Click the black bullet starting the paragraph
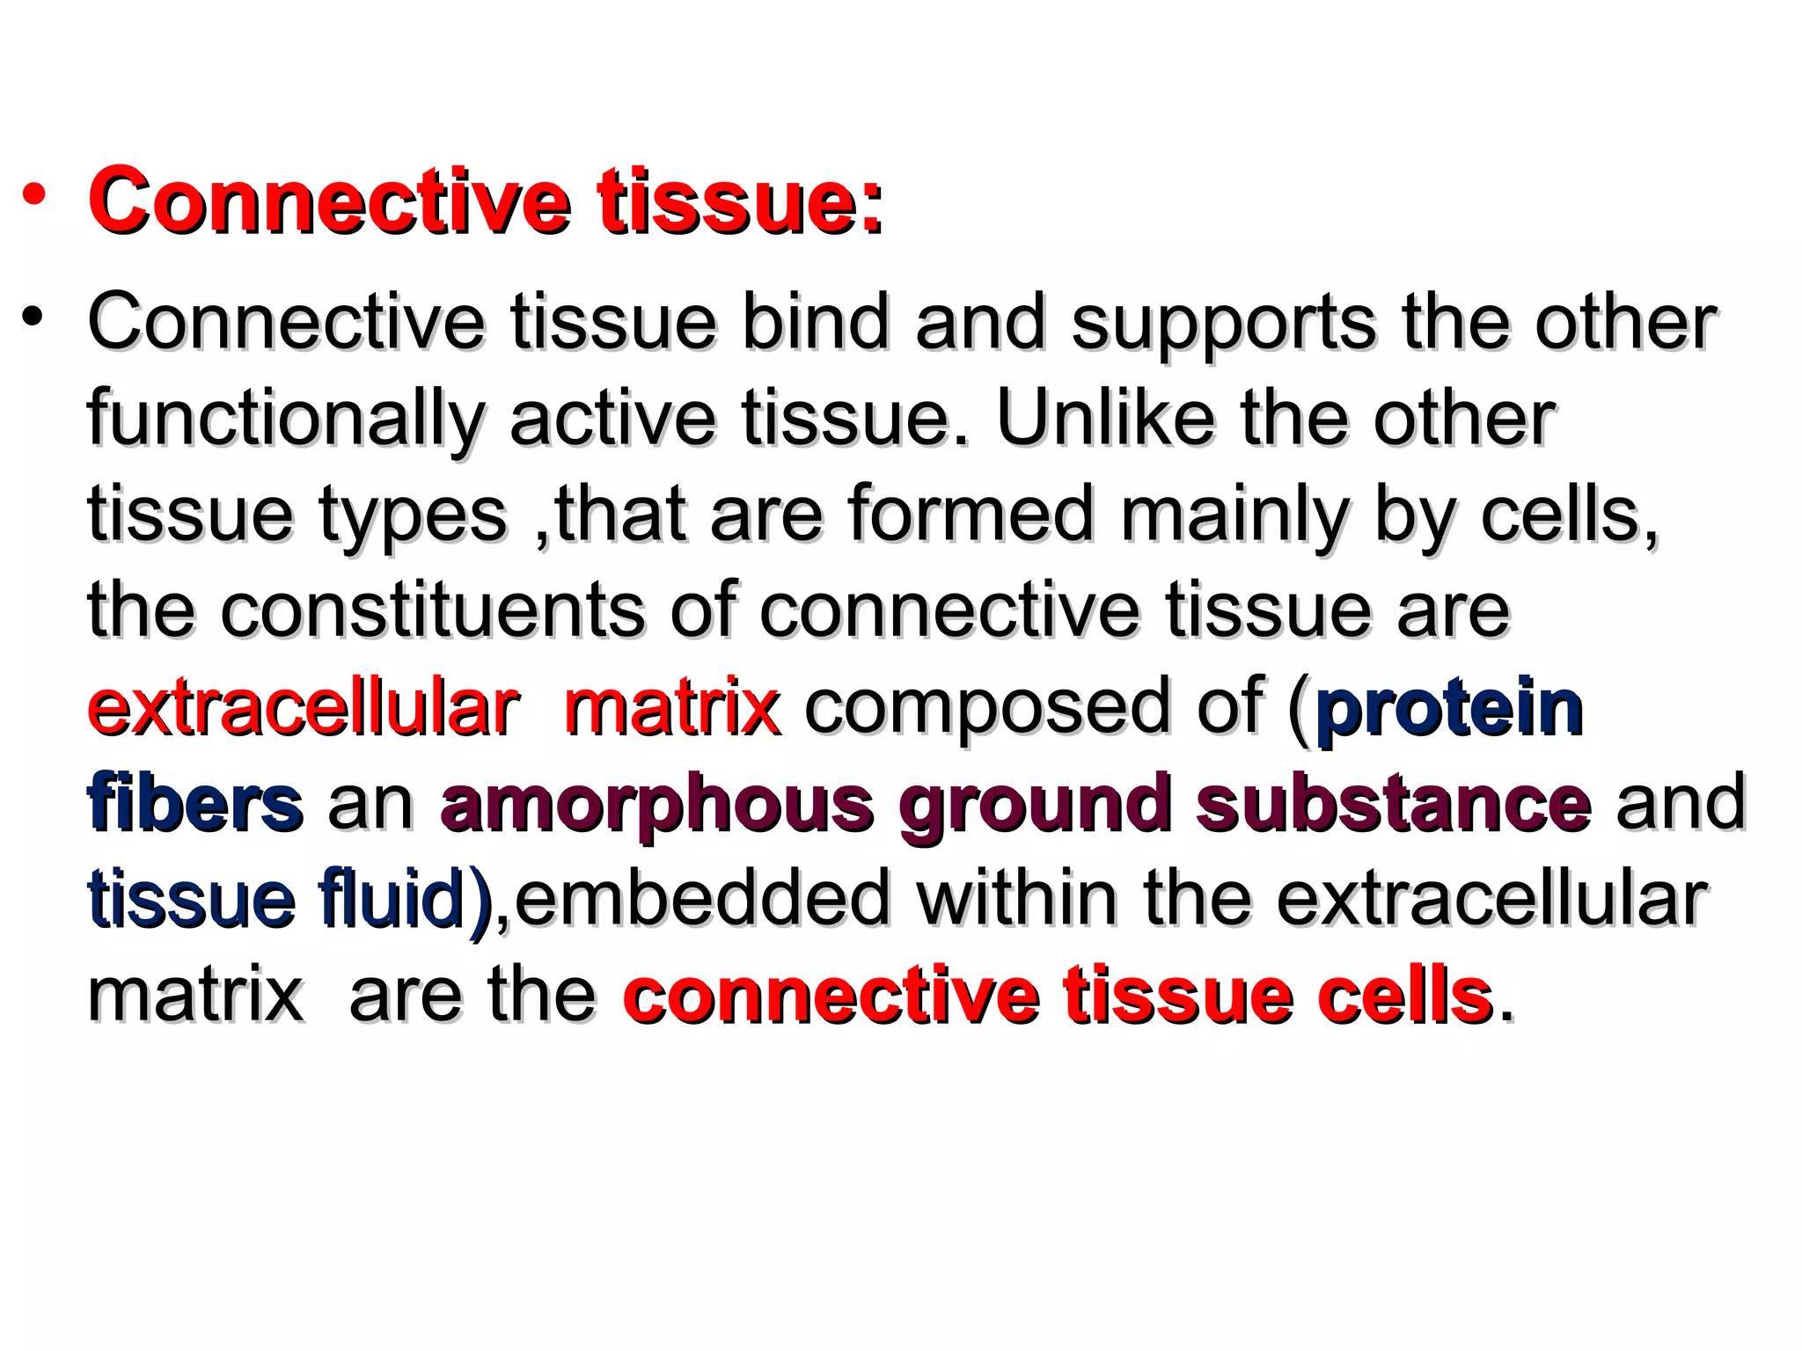click(33, 316)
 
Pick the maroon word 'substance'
click(1393, 802)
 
